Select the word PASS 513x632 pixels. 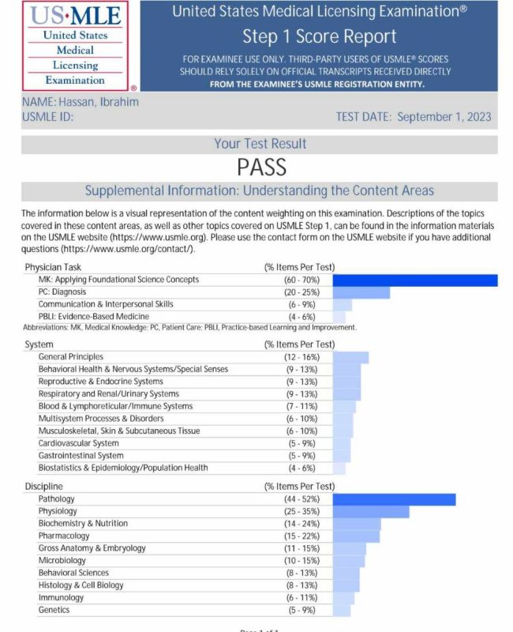(260, 167)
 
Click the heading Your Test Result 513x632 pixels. (260, 144)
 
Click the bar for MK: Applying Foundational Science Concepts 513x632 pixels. (415, 280)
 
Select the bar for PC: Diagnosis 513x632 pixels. (361, 292)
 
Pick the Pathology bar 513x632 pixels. (395, 499)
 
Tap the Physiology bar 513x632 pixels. (371, 512)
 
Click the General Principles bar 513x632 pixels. (351, 357)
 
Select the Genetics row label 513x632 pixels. (54, 610)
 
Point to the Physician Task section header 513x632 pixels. (53, 267)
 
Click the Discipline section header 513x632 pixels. (44, 487)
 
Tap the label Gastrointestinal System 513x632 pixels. (81, 456)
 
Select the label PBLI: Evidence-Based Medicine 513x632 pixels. (95, 317)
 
